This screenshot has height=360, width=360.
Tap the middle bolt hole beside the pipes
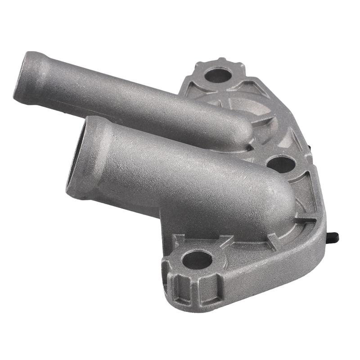(x=281, y=163)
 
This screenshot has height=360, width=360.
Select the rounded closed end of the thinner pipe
(x=243, y=130)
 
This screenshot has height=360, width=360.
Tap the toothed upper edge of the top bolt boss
(x=220, y=61)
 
